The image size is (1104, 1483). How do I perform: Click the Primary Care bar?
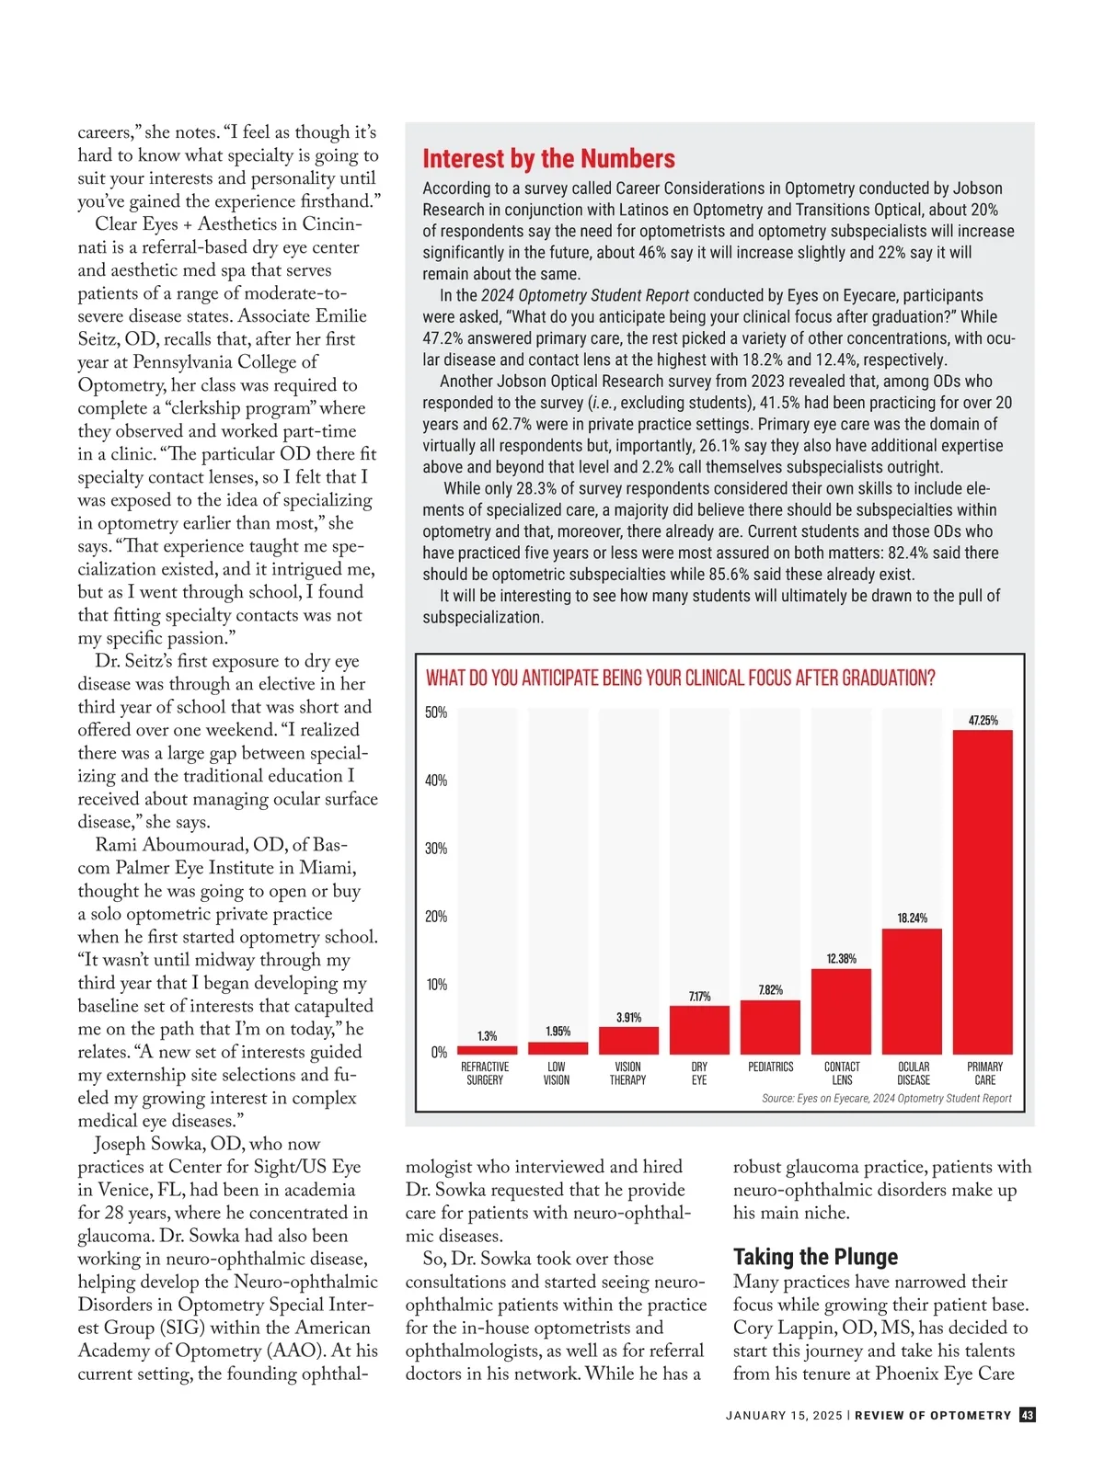pos(983,892)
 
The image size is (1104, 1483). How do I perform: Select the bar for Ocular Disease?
pos(912,991)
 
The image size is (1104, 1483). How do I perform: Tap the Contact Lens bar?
pos(841,1011)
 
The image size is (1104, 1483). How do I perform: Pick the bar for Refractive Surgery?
pos(487,1050)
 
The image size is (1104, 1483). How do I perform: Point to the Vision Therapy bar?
pos(628,1040)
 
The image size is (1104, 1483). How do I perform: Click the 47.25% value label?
pos(983,720)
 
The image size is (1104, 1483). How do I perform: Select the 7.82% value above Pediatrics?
pos(771,989)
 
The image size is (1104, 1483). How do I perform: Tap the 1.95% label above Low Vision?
pos(558,1031)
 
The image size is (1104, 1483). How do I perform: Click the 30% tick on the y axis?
pos(436,849)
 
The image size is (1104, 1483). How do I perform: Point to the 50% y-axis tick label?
pos(436,713)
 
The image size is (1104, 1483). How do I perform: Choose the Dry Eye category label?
pos(699,1073)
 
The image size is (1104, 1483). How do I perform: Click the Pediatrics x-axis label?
pos(771,1067)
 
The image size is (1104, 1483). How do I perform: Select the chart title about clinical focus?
pos(680,679)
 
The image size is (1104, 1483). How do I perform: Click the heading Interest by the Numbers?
pos(548,159)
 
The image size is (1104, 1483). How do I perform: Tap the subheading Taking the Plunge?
pos(815,1257)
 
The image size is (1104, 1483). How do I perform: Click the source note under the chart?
pos(886,1098)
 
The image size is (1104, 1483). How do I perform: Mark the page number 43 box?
pos(1027,1415)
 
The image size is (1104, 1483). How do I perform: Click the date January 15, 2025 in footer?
pos(783,1416)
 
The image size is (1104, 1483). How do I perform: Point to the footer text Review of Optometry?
pos(932,1416)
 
